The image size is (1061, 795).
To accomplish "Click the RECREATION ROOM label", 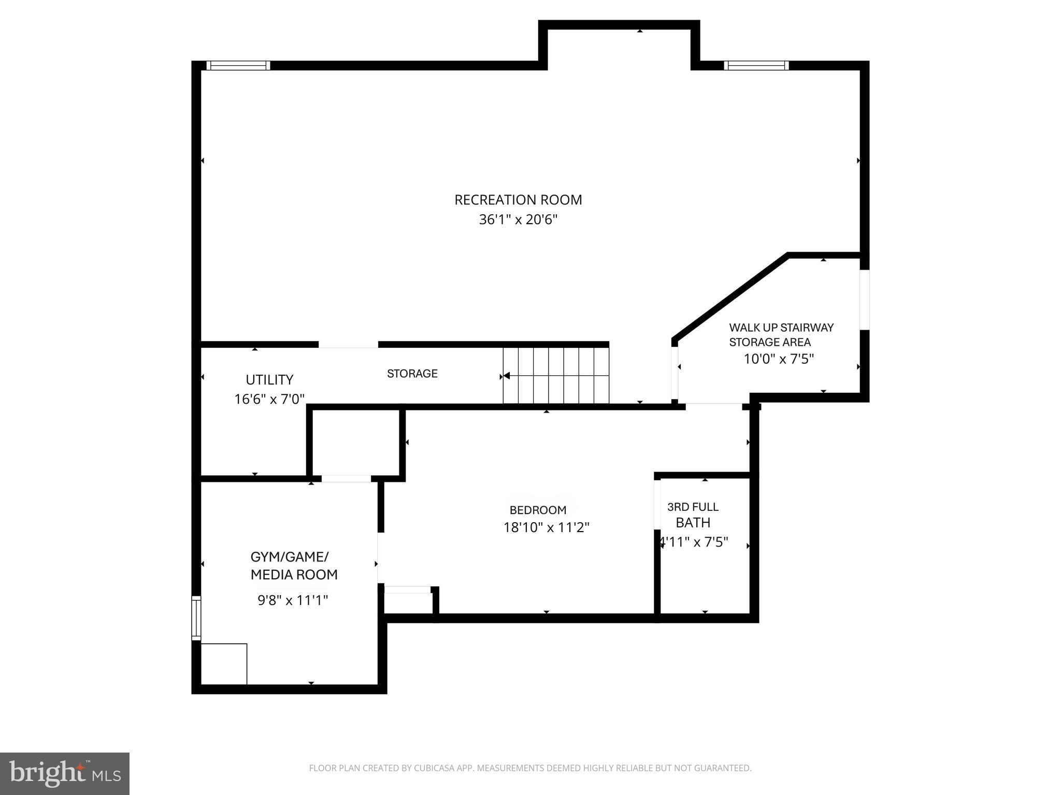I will click(x=518, y=200).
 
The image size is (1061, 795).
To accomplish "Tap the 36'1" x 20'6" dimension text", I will click(x=518, y=219).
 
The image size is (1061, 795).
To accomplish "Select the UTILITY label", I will click(x=269, y=380).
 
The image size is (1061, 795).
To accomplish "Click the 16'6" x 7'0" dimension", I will click(x=269, y=399).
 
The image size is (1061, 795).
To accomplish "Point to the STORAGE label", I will click(x=412, y=374).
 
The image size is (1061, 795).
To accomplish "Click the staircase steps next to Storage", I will click(x=556, y=376).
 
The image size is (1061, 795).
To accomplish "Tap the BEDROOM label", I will click(x=538, y=510).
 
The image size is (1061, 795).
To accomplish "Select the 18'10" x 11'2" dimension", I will click(x=547, y=527).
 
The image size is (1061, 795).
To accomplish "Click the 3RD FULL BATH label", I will click(x=693, y=515).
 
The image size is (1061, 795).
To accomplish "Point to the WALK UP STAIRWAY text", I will click(x=781, y=328).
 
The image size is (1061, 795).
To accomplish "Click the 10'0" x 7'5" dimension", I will click(x=779, y=359).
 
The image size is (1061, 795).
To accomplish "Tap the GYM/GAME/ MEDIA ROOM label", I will click(x=294, y=566).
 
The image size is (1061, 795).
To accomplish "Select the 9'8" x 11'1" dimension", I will click(x=293, y=600).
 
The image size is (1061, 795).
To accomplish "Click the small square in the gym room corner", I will click(x=224, y=664).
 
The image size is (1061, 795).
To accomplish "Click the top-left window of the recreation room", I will click(x=238, y=65).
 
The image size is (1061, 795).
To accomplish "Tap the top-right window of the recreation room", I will click(x=756, y=65).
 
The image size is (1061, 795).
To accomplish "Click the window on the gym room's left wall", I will click(x=196, y=617).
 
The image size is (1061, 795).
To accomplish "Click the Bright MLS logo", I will click(x=65, y=773).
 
